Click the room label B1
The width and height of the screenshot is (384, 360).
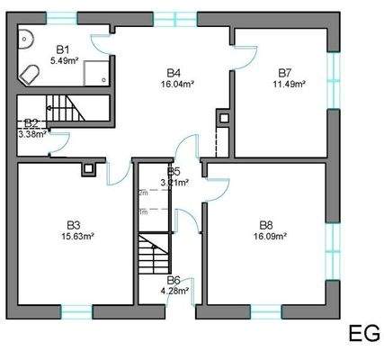[63, 50]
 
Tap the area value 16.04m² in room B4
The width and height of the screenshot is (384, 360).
[179, 83]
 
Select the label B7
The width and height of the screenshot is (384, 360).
[285, 72]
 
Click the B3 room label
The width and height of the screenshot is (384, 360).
[74, 225]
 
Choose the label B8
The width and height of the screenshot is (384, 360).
[266, 225]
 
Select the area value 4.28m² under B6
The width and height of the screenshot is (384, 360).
[174, 290]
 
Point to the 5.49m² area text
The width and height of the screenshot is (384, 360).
[66, 60]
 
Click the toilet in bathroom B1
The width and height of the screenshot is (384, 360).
[31, 74]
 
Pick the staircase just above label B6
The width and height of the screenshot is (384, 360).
[154, 255]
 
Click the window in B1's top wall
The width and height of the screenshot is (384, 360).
[63, 17]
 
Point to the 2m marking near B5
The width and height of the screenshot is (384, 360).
[143, 193]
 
